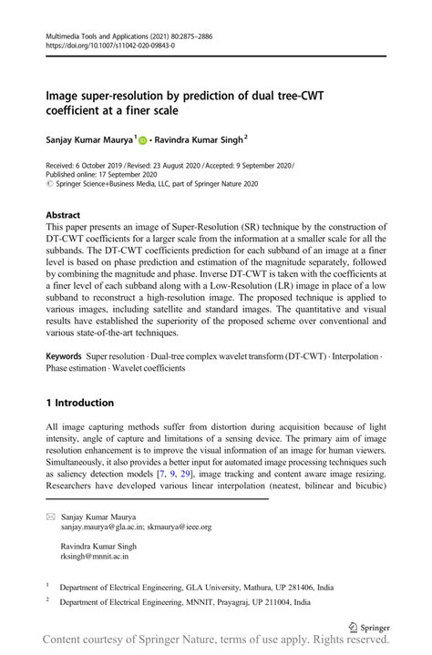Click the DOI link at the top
pyautogui.click(x=109, y=43)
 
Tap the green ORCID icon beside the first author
pyautogui.click(x=143, y=139)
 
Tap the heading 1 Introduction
pyautogui.click(x=80, y=402)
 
